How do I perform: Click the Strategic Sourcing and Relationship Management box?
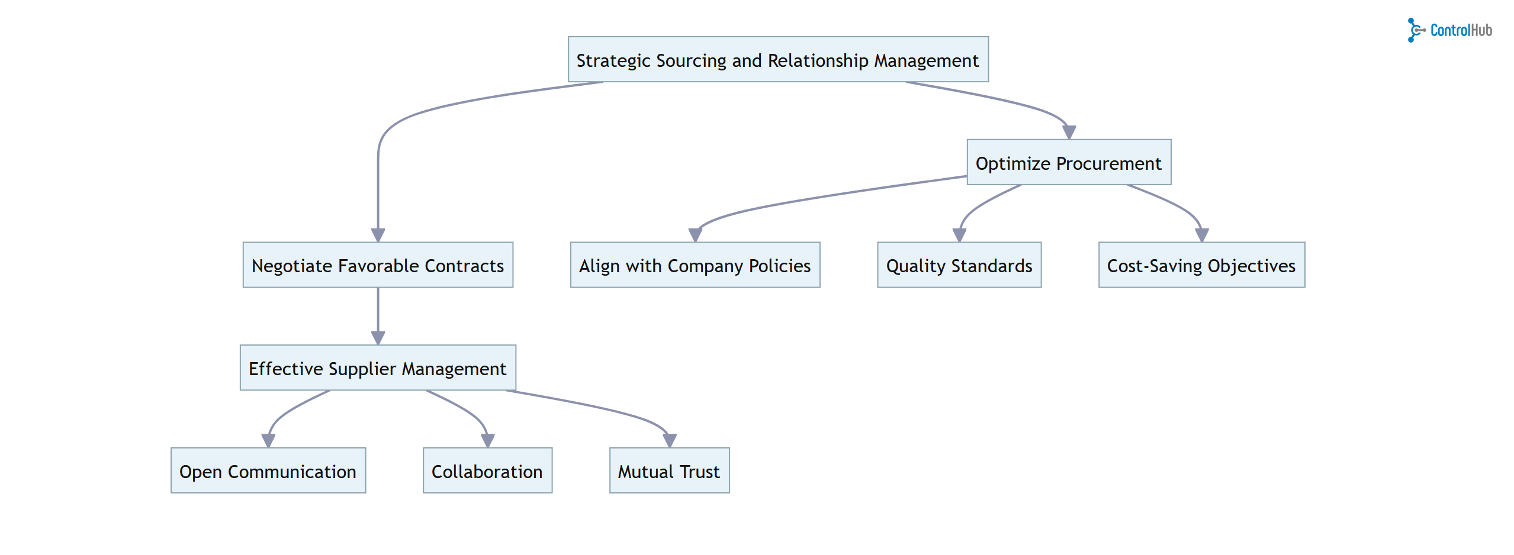click(x=777, y=60)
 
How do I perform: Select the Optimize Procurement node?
click(x=1068, y=163)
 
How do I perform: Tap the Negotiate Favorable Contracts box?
click(x=378, y=265)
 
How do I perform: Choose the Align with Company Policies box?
click(x=695, y=265)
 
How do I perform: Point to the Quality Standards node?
click(x=959, y=265)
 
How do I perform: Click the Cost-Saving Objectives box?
click(x=1201, y=265)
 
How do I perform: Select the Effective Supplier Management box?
click(x=378, y=368)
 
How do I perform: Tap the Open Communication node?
click(x=268, y=471)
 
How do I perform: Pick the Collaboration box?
click(x=487, y=471)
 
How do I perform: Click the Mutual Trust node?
click(x=669, y=471)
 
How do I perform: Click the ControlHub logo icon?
click(x=1415, y=30)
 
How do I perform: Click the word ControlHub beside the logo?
click(x=1461, y=30)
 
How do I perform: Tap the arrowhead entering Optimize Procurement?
click(x=1069, y=133)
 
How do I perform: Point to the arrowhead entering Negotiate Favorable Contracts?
click(x=378, y=235)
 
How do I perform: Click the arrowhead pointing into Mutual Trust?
click(x=669, y=441)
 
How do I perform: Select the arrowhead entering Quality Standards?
click(x=959, y=235)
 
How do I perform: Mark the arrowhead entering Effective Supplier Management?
click(x=378, y=338)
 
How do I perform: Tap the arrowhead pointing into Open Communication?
click(x=268, y=441)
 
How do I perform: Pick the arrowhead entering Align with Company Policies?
click(x=695, y=235)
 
